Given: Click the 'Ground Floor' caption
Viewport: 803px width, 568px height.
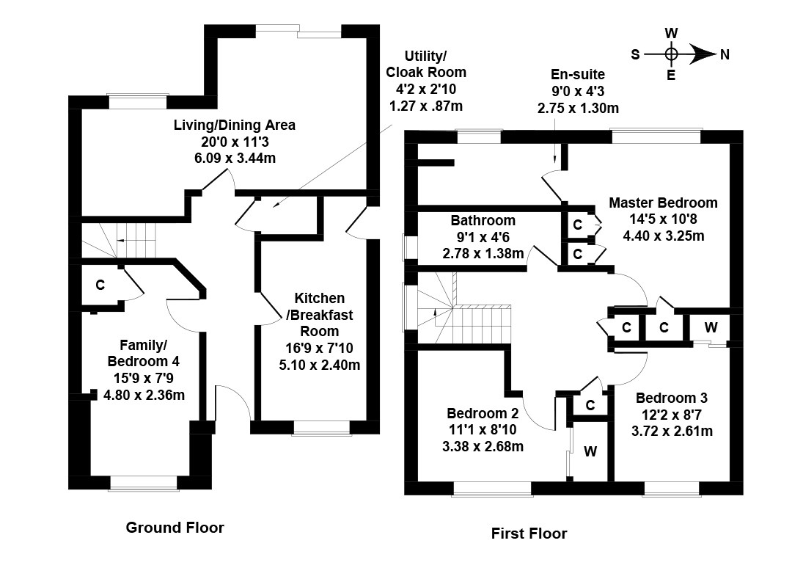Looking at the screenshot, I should click(x=175, y=527).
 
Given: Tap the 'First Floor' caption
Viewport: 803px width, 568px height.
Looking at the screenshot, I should click(x=529, y=534).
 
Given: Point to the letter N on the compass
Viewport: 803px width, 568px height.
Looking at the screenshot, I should click(x=725, y=54).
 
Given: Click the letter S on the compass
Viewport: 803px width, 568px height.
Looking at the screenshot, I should click(x=635, y=54).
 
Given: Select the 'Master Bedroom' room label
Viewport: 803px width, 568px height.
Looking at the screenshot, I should click(x=663, y=203).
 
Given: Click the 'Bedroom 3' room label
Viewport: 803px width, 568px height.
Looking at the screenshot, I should click(x=672, y=398).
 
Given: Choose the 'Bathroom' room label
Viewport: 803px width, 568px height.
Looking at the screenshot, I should click(x=483, y=220).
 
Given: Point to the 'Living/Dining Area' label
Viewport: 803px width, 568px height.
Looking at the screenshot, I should click(x=235, y=125).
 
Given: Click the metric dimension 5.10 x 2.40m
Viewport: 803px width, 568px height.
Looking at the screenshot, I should click(x=320, y=365).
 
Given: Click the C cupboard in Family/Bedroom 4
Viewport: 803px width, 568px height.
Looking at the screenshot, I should click(x=100, y=284).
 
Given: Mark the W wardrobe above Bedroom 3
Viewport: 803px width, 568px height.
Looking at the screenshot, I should click(x=711, y=327).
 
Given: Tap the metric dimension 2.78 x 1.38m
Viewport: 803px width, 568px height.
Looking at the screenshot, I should click(x=483, y=254).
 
